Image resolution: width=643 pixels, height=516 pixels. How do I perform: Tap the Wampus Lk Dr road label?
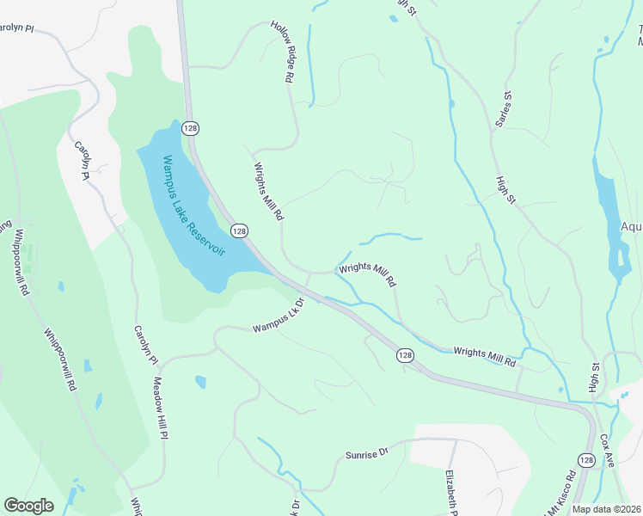(x=279, y=316)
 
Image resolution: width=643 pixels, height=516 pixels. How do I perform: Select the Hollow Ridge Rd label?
(x=283, y=52)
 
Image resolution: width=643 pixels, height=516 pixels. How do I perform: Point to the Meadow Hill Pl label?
(x=159, y=408)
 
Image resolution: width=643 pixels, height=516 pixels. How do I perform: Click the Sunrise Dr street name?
(x=367, y=451)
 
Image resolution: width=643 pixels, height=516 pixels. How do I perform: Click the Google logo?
(x=28, y=505)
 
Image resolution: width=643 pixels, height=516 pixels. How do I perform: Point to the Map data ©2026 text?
(x=607, y=509)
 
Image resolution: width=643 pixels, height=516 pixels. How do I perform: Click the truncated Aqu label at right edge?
(x=631, y=227)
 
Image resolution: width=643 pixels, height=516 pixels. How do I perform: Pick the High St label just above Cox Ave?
(x=594, y=378)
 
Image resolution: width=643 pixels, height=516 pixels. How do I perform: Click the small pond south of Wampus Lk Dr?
(x=200, y=381)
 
